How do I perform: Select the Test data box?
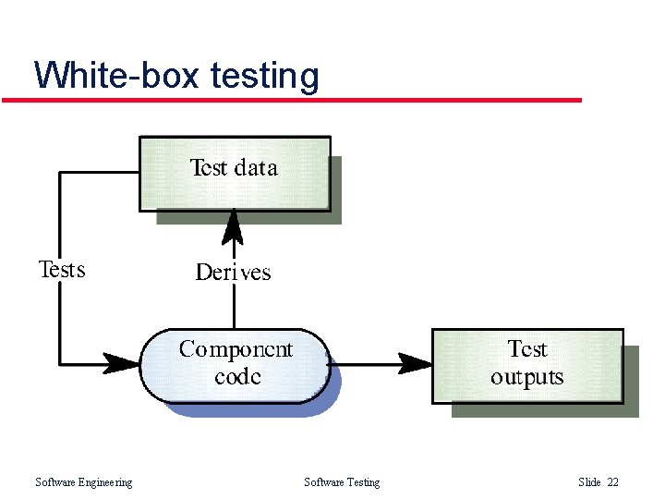click(x=235, y=174)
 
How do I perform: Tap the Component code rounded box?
click(x=235, y=364)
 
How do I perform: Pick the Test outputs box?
click(x=527, y=365)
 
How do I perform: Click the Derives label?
click(x=233, y=273)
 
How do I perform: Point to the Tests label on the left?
click(x=62, y=270)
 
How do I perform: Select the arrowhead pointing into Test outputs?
click(x=416, y=362)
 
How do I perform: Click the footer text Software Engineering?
click(x=83, y=482)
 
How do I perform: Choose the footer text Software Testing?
click(x=342, y=482)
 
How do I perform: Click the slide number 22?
click(x=612, y=482)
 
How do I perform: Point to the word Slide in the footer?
click(x=589, y=482)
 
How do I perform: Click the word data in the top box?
click(x=256, y=168)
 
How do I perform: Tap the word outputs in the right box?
click(x=526, y=378)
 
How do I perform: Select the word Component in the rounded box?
click(x=236, y=349)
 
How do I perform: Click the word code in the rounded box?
click(x=237, y=377)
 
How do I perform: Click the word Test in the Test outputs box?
click(x=527, y=349)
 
